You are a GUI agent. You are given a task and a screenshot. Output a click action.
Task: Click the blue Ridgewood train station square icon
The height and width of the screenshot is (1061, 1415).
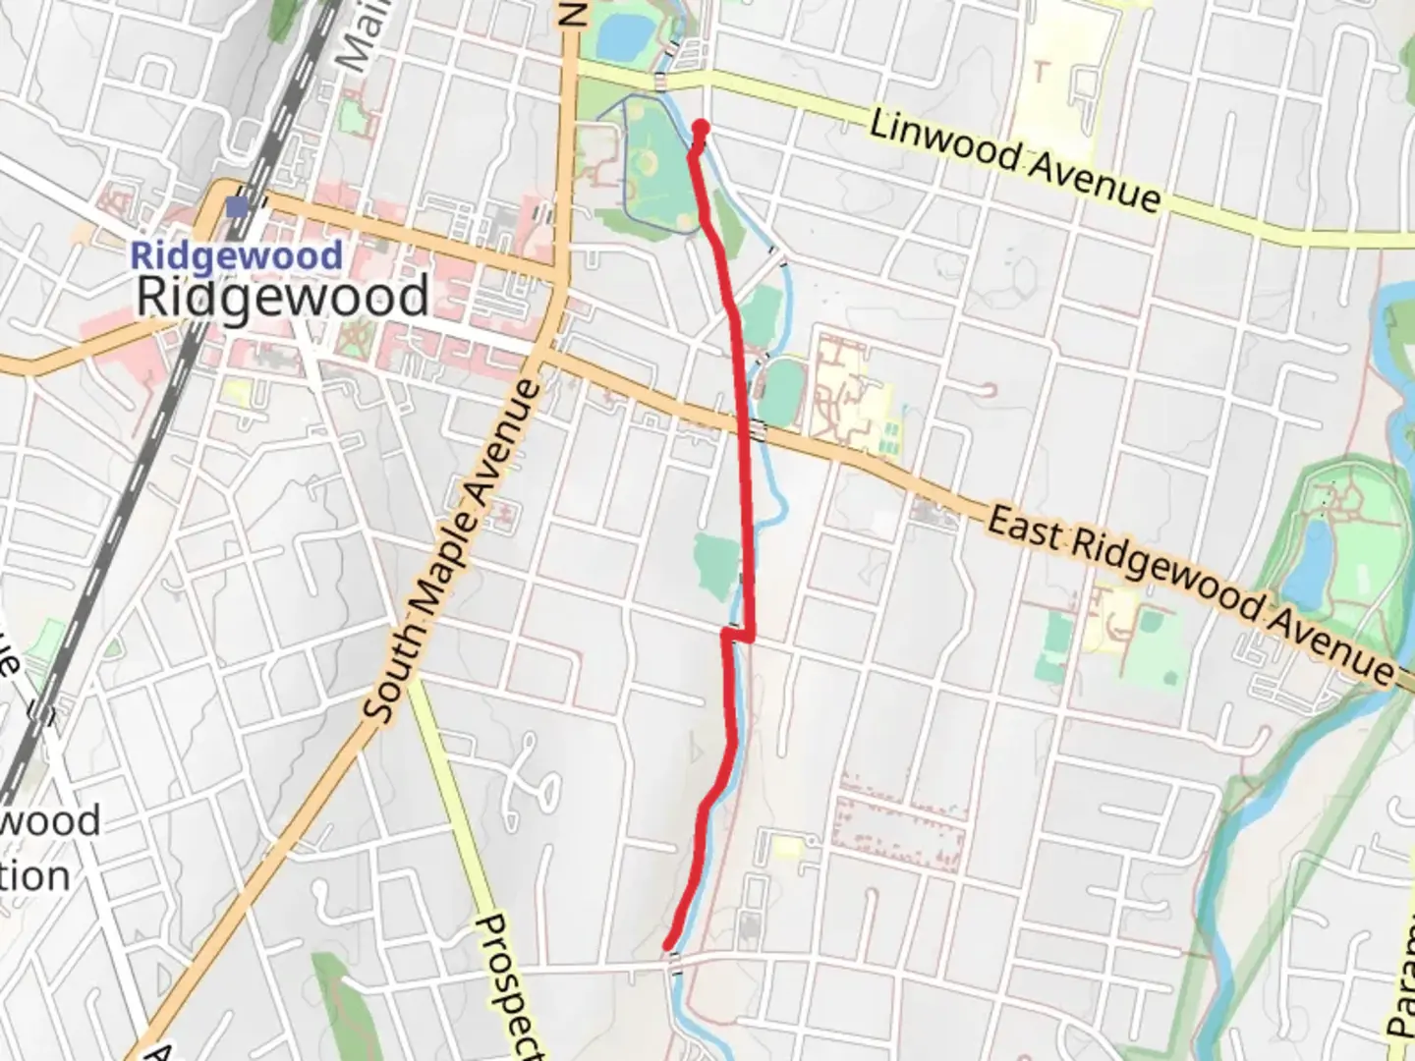(x=237, y=207)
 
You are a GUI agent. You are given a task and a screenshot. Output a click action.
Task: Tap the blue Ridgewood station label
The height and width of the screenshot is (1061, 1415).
(x=236, y=256)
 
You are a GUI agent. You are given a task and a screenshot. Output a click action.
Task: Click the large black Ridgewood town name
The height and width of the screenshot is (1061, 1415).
(x=282, y=296)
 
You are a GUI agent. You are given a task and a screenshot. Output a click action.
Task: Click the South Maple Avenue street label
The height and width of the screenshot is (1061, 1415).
(x=455, y=550)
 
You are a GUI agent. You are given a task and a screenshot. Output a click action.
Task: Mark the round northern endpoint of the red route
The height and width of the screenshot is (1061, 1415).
(x=702, y=127)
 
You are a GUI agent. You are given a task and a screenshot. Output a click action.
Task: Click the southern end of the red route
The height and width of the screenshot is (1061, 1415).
(x=670, y=946)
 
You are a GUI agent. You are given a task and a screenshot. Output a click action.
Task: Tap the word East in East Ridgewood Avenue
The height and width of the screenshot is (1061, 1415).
(x=1025, y=530)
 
